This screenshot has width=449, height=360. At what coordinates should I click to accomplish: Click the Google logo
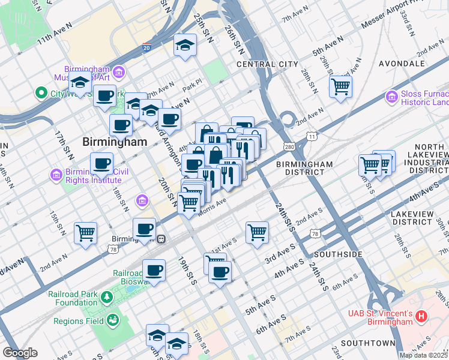point(20,353)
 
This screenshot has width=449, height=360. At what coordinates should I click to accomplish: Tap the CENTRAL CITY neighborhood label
point(267,64)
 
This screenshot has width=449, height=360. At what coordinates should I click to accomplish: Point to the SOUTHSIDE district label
point(338,254)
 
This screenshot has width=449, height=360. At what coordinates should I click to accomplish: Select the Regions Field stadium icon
point(112,321)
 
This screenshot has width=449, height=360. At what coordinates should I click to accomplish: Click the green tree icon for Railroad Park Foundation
point(106,297)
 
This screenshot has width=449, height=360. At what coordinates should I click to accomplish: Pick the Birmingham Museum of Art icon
point(119,73)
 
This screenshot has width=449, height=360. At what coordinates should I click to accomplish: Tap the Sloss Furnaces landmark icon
point(392,96)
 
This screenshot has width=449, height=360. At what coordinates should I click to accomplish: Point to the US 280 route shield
point(289,146)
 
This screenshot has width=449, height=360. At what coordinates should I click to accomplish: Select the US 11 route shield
point(311,137)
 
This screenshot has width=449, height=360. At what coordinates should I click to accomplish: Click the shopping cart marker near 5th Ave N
point(340,86)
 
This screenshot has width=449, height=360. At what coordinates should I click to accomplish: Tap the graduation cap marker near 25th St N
point(185,44)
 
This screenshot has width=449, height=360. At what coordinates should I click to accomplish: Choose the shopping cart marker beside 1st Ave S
point(257,231)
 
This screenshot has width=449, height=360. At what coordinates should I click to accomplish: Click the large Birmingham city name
point(114,142)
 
